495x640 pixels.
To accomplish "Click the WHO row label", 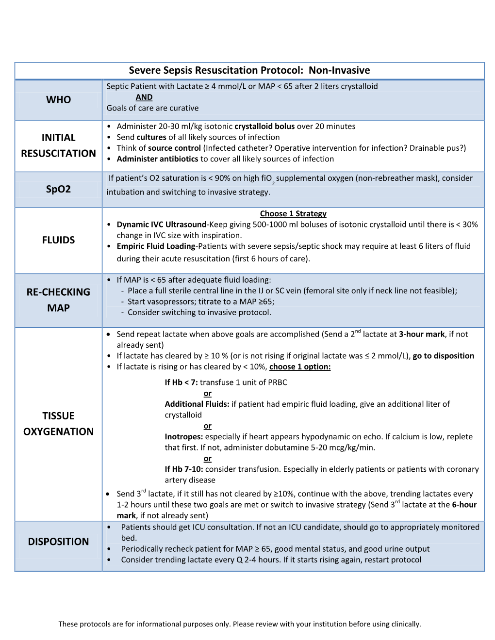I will pyautogui.click(x=58, y=100).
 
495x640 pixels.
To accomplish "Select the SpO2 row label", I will pyautogui.click(x=58, y=189).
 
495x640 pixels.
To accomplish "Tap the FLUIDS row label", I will pyautogui.click(x=58, y=240).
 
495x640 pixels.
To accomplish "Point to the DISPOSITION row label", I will pyautogui.click(x=58, y=542).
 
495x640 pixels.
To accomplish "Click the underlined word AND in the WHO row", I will pyautogui.click(x=144, y=97).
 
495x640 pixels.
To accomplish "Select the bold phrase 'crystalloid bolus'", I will pyautogui.click(x=264, y=126).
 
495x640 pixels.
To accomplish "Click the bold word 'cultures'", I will pyautogui.click(x=151, y=137).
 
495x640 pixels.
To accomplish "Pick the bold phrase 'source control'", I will pyautogui.click(x=174, y=148).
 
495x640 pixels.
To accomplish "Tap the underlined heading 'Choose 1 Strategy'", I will pyautogui.click(x=293, y=213).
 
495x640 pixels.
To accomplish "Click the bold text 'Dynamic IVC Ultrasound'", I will pyautogui.click(x=162, y=224).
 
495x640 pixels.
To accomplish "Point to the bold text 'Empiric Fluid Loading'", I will pyautogui.click(x=156, y=246).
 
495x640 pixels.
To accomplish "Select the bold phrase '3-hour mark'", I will pyautogui.click(x=422, y=334).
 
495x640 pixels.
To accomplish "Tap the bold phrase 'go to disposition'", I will pyautogui.click(x=443, y=356).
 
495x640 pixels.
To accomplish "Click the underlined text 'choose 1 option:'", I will pyautogui.click(x=300, y=367).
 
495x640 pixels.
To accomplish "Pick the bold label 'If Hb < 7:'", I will pyautogui.click(x=181, y=382).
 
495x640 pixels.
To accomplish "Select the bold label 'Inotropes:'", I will pyautogui.click(x=184, y=436).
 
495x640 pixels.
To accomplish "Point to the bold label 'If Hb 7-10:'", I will pyautogui.click(x=184, y=469).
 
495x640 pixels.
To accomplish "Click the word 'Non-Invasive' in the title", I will pyautogui.click(x=339, y=70).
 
